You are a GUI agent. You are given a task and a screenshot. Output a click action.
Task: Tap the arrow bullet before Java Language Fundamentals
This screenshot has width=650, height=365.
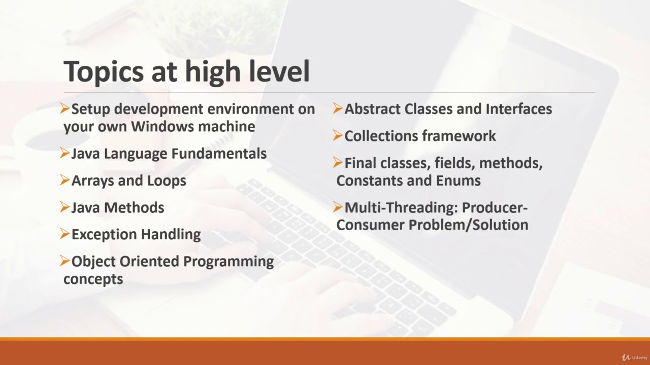click(x=64, y=153)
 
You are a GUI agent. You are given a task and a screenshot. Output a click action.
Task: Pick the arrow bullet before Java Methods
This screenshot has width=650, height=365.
click(x=64, y=207)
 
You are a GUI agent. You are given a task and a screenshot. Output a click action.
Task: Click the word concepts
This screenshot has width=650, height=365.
click(x=93, y=279)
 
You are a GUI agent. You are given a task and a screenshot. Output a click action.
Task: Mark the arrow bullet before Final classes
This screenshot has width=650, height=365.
click(x=338, y=163)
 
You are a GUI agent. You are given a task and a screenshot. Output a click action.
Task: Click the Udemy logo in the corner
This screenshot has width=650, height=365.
click(x=635, y=357)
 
